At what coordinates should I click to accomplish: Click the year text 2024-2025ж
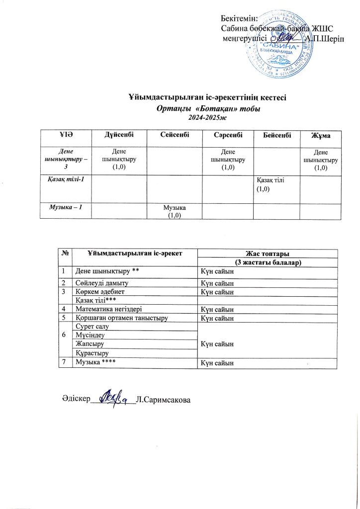coord(206,117)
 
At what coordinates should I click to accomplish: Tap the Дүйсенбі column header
coord(119,136)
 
